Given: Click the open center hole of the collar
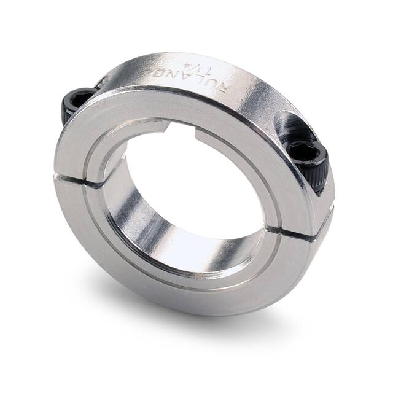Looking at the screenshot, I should (196, 184).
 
